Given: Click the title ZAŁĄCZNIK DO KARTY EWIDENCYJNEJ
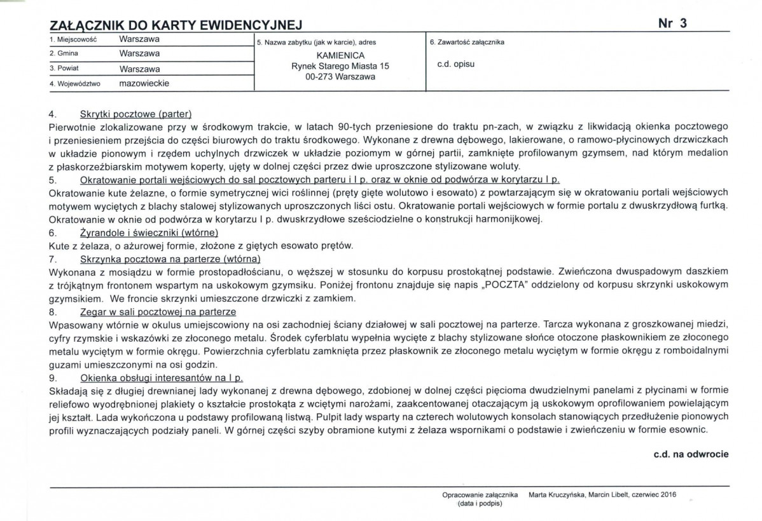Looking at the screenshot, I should click(x=175, y=25).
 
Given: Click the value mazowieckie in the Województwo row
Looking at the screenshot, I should click(x=144, y=83).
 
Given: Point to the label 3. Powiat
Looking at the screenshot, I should click(x=64, y=69).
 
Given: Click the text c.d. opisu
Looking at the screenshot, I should click(x=456, y=64).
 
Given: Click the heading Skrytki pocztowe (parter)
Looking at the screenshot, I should click(x=135, y=114).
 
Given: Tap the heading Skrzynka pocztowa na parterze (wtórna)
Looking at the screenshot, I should click(x=170, y=259).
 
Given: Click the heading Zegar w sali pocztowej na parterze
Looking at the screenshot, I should click(x=158, y=312).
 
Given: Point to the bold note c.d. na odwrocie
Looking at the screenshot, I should click(x=690, y=454).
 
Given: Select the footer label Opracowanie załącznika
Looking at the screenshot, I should click(x=480, y=494).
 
